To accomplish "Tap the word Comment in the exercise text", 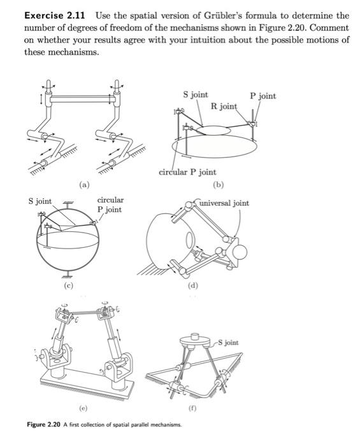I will point(329,27).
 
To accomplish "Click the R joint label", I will point(224,106).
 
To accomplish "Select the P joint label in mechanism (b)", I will point(263,96).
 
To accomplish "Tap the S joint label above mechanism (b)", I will point(195,94).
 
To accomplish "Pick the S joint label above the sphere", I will point(40,201).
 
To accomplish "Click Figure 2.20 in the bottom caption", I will point(46,425).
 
